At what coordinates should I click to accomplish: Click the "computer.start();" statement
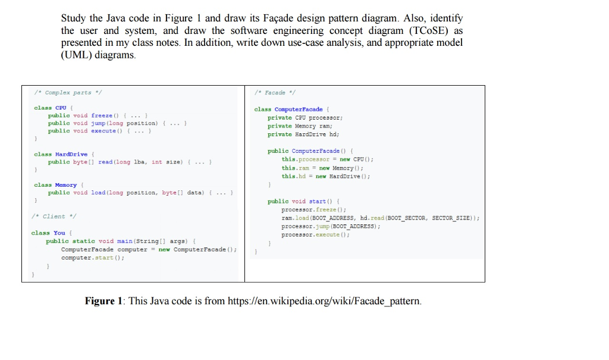pyautogui.click(x=93, y=258)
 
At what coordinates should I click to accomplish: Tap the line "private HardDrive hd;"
pyautogui.click(x=303, y=134)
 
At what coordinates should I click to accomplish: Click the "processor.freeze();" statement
pyautogui.click(x=313, y=210)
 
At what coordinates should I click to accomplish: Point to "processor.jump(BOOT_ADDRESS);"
pyautogui.click(x=331, y=227)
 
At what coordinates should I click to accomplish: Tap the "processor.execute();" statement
pyautogui.click(x=316, y=235)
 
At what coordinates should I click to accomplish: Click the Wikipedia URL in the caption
pyautogui.click(x=324, y=301)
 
